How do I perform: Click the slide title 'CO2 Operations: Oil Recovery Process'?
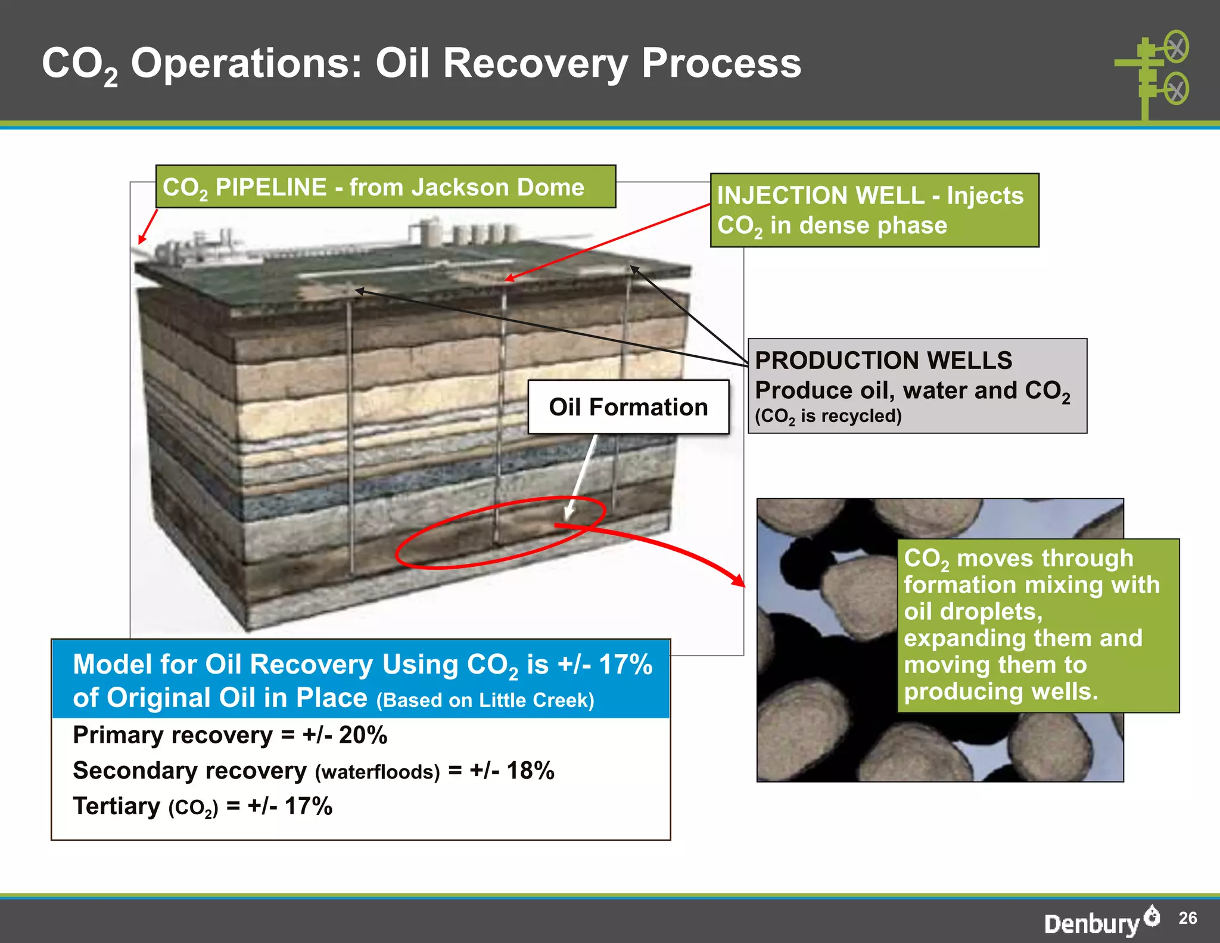421,64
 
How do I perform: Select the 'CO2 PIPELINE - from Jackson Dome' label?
385,187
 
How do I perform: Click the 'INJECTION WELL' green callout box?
874,210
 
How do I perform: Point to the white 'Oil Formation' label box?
628,407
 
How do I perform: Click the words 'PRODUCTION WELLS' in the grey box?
883,361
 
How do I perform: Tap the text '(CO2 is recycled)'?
828,416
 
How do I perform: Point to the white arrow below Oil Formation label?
581,477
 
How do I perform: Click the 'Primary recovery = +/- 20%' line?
230,736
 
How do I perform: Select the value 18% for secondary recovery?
530,771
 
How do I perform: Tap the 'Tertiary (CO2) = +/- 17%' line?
203,806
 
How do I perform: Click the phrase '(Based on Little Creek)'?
485,700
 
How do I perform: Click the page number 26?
1187,918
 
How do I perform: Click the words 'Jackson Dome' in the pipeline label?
497,187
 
